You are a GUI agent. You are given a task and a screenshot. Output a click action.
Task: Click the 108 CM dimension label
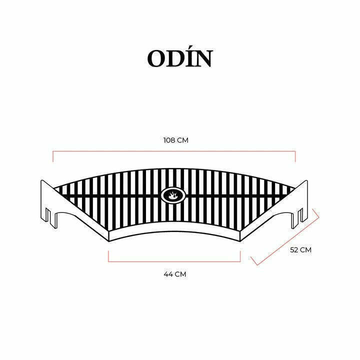click(176, 140)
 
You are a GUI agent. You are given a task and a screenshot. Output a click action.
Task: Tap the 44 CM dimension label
click(175, 274)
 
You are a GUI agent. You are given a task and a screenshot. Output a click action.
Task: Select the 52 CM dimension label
click(301, 250)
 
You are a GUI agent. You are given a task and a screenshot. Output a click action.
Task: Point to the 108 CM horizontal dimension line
click(174, 151)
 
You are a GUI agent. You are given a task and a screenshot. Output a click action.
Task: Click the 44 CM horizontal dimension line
click(174, 261)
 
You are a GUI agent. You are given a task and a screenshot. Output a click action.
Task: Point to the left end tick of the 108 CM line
click(53, 156)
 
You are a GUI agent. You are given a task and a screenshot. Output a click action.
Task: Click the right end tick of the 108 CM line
click(295, 156)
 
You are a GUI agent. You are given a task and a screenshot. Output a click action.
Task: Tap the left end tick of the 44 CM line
click(108, 256)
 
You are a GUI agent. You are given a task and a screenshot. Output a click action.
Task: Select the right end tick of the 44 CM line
click(240, 256)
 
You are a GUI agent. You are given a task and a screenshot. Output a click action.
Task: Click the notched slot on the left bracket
click(48, 215)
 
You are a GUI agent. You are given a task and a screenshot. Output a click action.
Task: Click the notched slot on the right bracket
click(299, 216)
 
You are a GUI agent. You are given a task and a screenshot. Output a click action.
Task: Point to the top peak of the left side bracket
click(42, 180)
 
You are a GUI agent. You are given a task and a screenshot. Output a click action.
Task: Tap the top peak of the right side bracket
click(306, 180)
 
